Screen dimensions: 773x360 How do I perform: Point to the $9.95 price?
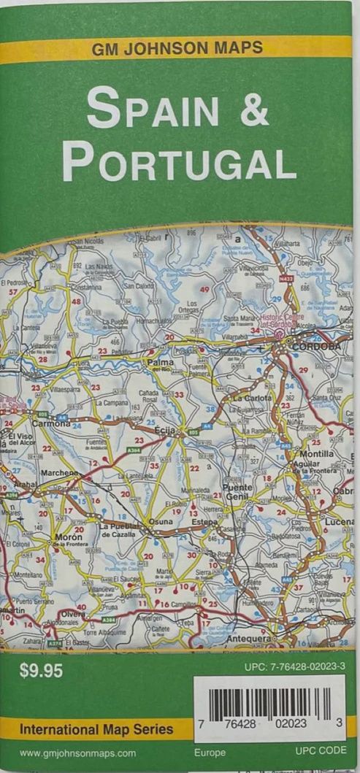(x=41, y=672)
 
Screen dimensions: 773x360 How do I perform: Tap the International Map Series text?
(x=96, y=728)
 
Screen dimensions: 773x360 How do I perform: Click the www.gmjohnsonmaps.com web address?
(x=77, y=753)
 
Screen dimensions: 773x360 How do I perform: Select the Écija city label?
(x=165, y=431)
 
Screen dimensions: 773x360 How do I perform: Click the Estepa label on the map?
(x=204, y=523)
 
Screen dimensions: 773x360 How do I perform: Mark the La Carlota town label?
(x=252, y=399)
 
